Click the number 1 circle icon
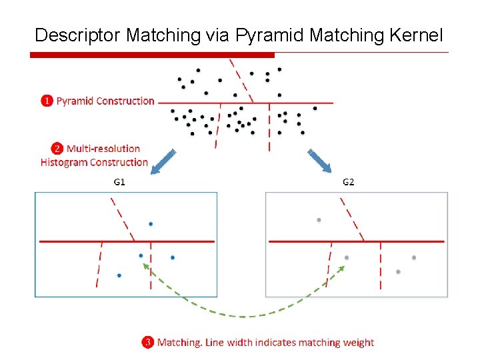tap(47, 101)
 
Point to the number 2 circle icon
tap(57, 149)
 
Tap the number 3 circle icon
tap(147, 343)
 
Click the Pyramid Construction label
tap(105, 101)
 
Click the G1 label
tap(119, 182)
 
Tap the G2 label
tap(349, 182)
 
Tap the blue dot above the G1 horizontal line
tap(151, 223)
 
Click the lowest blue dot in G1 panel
tap(119, 275)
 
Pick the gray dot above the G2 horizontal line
tap(319, 219)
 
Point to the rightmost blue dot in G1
tap(172, 257)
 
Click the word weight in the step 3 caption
tap(358, 343)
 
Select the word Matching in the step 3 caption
tap(178, 343)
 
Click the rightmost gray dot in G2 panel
tap(414, 257)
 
